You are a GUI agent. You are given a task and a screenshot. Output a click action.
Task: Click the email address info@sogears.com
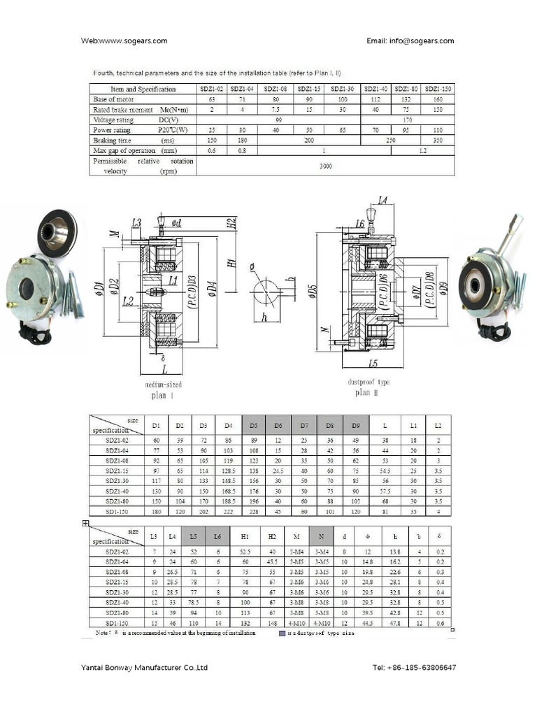point(410,41)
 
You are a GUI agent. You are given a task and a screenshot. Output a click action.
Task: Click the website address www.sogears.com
point(124,41)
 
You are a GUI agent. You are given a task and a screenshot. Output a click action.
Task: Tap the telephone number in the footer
point(414,668)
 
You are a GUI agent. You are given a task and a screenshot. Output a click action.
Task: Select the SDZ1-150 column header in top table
point(438,89)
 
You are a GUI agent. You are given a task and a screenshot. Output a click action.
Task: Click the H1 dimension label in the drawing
point(231,264)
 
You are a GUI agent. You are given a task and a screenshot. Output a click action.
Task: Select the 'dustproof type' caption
point(368,382)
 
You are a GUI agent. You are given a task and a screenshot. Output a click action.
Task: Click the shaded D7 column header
point(304,425)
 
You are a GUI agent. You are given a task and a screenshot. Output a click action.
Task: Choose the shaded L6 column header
point(217,536)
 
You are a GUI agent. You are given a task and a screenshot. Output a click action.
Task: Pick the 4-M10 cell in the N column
point(322,623)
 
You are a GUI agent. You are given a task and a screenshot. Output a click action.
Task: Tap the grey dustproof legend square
point(282,633)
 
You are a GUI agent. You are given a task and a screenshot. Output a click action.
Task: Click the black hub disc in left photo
point(57,228)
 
